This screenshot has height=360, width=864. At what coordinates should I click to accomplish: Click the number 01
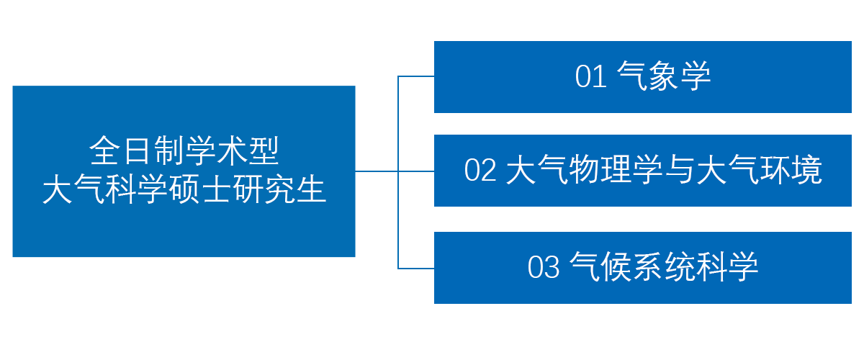point(590,76)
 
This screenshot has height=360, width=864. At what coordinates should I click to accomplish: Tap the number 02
point(480,170)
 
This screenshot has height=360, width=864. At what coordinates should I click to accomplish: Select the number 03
point(543,267)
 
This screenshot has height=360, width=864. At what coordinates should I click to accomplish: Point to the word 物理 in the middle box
point(600,170)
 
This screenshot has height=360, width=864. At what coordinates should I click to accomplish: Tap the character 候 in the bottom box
point(616,267)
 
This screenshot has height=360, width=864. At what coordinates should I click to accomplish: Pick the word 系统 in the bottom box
point(664,267)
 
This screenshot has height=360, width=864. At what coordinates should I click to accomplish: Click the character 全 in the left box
point(104,150)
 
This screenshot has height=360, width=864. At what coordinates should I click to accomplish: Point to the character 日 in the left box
point(137,150)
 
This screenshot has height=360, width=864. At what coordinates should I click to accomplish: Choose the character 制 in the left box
point(168,150)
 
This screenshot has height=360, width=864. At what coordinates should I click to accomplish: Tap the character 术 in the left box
point(232,150)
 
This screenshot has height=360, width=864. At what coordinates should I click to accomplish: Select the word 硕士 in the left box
point(201,189)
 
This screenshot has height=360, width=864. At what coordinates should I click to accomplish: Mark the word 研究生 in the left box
point(280,189)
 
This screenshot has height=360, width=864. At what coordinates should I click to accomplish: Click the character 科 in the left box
point(121,189)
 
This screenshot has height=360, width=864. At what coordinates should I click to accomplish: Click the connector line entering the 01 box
point(416,76)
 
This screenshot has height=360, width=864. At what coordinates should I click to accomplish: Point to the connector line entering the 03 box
point(416,268)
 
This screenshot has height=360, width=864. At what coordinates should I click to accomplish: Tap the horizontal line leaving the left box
point(377,171)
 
